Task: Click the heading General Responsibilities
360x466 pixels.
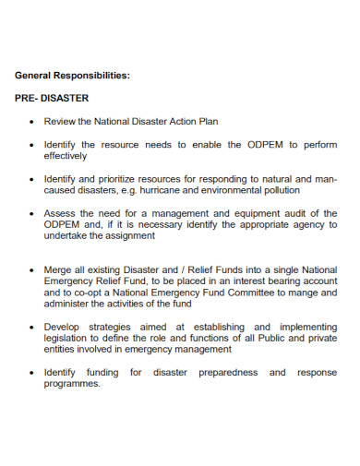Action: pos(72,76)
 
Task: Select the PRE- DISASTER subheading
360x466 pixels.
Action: pos(52,98)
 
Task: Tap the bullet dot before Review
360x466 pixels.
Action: pos(32,121)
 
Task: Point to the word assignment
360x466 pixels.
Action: pos(130,235)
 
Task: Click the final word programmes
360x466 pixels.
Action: pos(72,384)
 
